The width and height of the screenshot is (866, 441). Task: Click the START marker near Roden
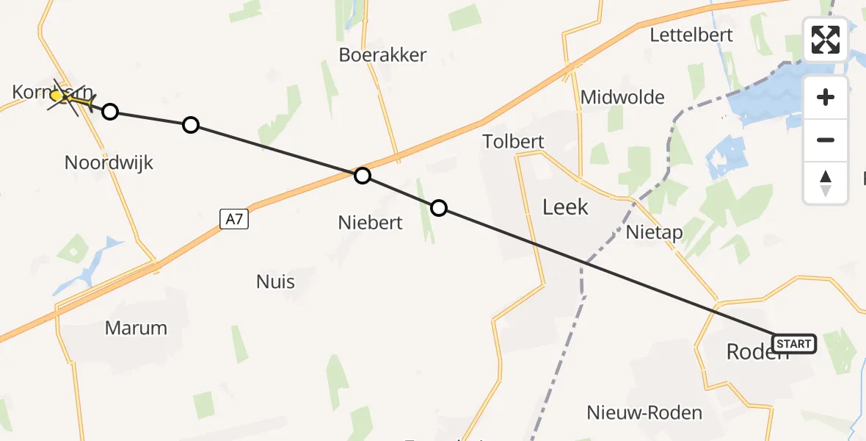(793, 344)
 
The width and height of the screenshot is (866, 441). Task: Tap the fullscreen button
(826, 40)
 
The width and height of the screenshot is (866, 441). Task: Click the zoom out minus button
(826, 140)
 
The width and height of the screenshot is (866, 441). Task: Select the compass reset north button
(826, 182)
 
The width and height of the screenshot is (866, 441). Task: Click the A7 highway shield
(233, 218)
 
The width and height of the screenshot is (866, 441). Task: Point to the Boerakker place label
(382, 54)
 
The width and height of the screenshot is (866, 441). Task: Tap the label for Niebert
(370, 222)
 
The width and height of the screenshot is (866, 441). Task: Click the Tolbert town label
(513, 141)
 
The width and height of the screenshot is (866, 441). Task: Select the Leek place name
(565, 207)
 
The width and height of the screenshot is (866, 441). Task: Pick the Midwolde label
(622, 97)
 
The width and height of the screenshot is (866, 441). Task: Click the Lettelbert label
(691, 35)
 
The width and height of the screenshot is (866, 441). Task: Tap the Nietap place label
(655, 233)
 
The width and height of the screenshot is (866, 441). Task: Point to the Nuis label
(276, 282)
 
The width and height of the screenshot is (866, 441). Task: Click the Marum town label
(136, 328)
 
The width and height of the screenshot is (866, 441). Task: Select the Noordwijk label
(109, 162)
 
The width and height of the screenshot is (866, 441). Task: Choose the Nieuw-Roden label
(644, 413)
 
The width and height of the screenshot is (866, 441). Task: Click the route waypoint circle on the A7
(363, 176)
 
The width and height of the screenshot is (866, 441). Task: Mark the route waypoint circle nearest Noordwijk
(110, 112)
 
